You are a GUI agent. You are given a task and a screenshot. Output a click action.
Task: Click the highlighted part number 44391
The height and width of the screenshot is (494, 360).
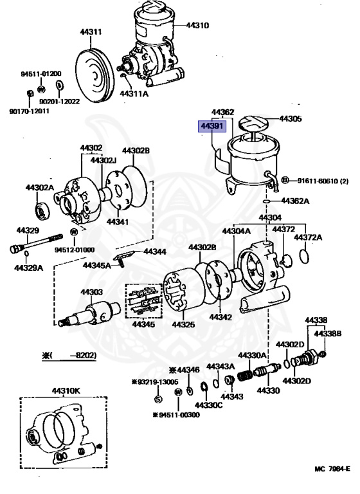tap(211, 126)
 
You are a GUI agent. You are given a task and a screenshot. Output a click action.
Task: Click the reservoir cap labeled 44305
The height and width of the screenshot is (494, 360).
tap(253, 122)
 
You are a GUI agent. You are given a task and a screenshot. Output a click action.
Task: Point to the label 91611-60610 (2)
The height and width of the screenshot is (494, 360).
tap(321, 180)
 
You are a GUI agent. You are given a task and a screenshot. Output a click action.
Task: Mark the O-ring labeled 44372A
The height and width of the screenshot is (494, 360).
tap(307, 257)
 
